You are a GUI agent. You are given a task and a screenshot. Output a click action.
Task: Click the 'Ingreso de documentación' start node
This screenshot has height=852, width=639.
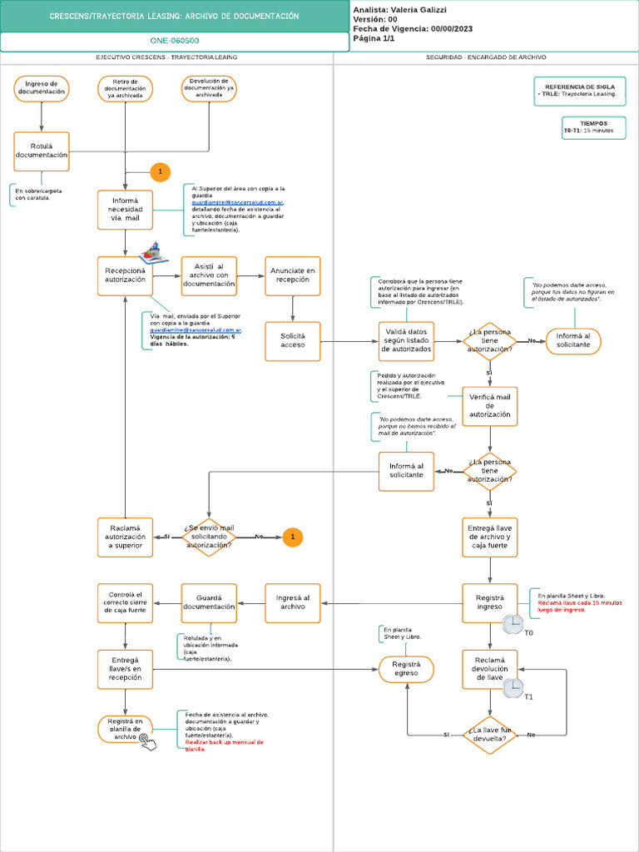pyautogui.click(x=42, y=88)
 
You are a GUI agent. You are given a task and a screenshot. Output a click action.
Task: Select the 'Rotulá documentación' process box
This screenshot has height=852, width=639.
pyautogui.click(x=42, y=151)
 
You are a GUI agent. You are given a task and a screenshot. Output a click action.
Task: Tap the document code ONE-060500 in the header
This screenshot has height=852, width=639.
pyautogui.click(x=174, y=41)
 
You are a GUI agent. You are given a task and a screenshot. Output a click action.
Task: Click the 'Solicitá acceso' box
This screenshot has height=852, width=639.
pyautogui.click(x=293, y=340)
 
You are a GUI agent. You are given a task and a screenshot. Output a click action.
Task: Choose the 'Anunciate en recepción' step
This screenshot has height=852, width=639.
pyautogui.click(x=293, y=275)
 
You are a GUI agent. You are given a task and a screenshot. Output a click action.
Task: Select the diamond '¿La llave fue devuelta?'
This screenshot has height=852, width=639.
pyautogui.click(x=489, y=735)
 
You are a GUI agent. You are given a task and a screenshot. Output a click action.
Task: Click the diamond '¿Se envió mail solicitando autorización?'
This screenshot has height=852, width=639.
pyautogui.click(x=209, y=537)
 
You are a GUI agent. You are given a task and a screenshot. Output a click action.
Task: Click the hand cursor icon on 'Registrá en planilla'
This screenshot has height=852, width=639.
pyautogui.click(x=147, y=741)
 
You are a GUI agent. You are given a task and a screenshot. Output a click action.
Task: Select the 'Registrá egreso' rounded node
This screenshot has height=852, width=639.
pyautogui.click(x=406, y=669)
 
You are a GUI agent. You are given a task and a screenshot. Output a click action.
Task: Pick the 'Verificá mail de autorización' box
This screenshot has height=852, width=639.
pyautogui.click(x=489, y=406)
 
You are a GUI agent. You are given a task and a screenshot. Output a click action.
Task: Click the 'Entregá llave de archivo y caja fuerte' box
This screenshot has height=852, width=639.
pyautogui.click(x=489, y=537)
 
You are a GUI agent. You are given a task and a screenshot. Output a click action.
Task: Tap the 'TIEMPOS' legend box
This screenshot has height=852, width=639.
pyautogui.click(x=593, y=126)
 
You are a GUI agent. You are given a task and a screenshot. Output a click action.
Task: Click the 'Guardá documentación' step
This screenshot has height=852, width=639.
pyautogui.click(x=209, y=602)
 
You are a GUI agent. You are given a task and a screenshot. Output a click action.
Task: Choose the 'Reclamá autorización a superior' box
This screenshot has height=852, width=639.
pyautogui.click(x=125, y=537)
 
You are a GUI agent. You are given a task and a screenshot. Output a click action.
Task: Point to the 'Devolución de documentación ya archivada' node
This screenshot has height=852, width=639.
pyautogui.click(x=209, y=88)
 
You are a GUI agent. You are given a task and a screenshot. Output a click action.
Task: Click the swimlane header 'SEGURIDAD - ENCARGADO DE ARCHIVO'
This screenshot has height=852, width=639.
pyautogui.click(x=486, y=57)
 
